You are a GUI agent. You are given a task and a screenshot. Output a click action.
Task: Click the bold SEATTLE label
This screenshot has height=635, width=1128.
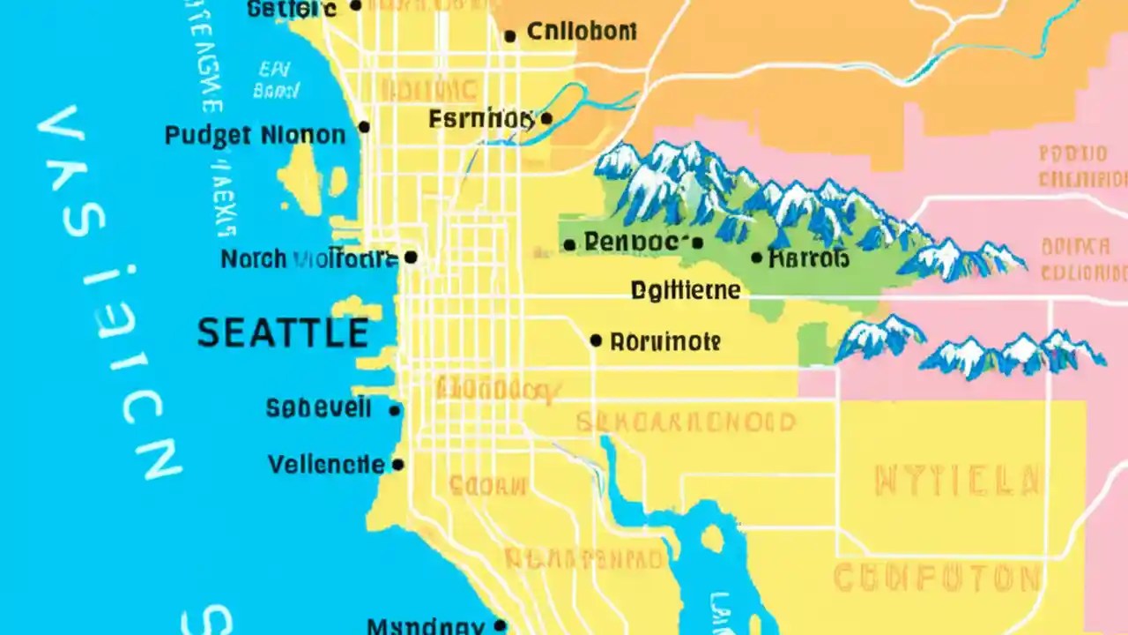pyautogui.click(x=282, y=333)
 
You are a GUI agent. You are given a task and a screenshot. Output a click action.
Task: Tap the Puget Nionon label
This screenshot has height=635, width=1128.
pyautogui.click(x=255, y=136)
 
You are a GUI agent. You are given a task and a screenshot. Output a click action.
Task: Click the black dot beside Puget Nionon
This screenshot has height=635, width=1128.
pyautogui.click(x=364, y=127)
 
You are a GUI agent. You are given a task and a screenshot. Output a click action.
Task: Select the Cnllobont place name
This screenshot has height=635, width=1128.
pyautogui.click(x=581, y=33)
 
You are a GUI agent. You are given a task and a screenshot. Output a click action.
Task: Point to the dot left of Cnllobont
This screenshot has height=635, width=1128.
pyautogui.click(x=509, y=36)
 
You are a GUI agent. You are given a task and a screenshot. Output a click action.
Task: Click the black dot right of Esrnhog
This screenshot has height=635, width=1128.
pyautogui.click(x=546, y=118)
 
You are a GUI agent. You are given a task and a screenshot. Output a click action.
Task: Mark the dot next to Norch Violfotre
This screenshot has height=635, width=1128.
pyautogui.click(x=410, y=258)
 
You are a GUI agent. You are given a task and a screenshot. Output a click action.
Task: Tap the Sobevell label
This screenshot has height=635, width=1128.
pyautogui.click(x=319, y=408)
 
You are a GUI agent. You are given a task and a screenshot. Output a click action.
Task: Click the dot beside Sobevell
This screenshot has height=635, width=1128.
pyautogui.click(x=395, y=410)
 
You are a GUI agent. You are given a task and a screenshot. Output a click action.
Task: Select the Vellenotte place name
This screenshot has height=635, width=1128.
pyautogui.click(x=326, y=464)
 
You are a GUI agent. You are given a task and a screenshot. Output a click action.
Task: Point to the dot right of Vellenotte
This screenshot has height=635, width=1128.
pyautogui.click(x=397, y=464)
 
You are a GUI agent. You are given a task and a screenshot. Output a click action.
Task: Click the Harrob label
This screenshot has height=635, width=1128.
pyautogui.click(x=809, y=258)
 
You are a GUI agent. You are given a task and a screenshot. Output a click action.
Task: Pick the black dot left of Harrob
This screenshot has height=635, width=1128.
pyautogui.click(x=757, y=258)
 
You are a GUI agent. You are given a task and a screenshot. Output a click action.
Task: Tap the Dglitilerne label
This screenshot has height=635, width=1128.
pyautogui.click(x=686, y=290)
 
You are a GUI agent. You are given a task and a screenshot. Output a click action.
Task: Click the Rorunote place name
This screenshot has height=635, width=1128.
pyautogui.click(x=665, y=341)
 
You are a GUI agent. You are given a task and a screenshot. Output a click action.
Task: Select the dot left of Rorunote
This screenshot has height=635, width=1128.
pyautogui.click(x=597, y=340)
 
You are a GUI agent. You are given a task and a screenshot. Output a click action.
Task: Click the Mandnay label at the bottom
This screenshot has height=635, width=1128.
pyautogui.click(x=425, y=627)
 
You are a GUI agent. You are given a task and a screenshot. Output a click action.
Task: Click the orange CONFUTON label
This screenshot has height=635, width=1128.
pyautogui.click(x=936, y=579)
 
